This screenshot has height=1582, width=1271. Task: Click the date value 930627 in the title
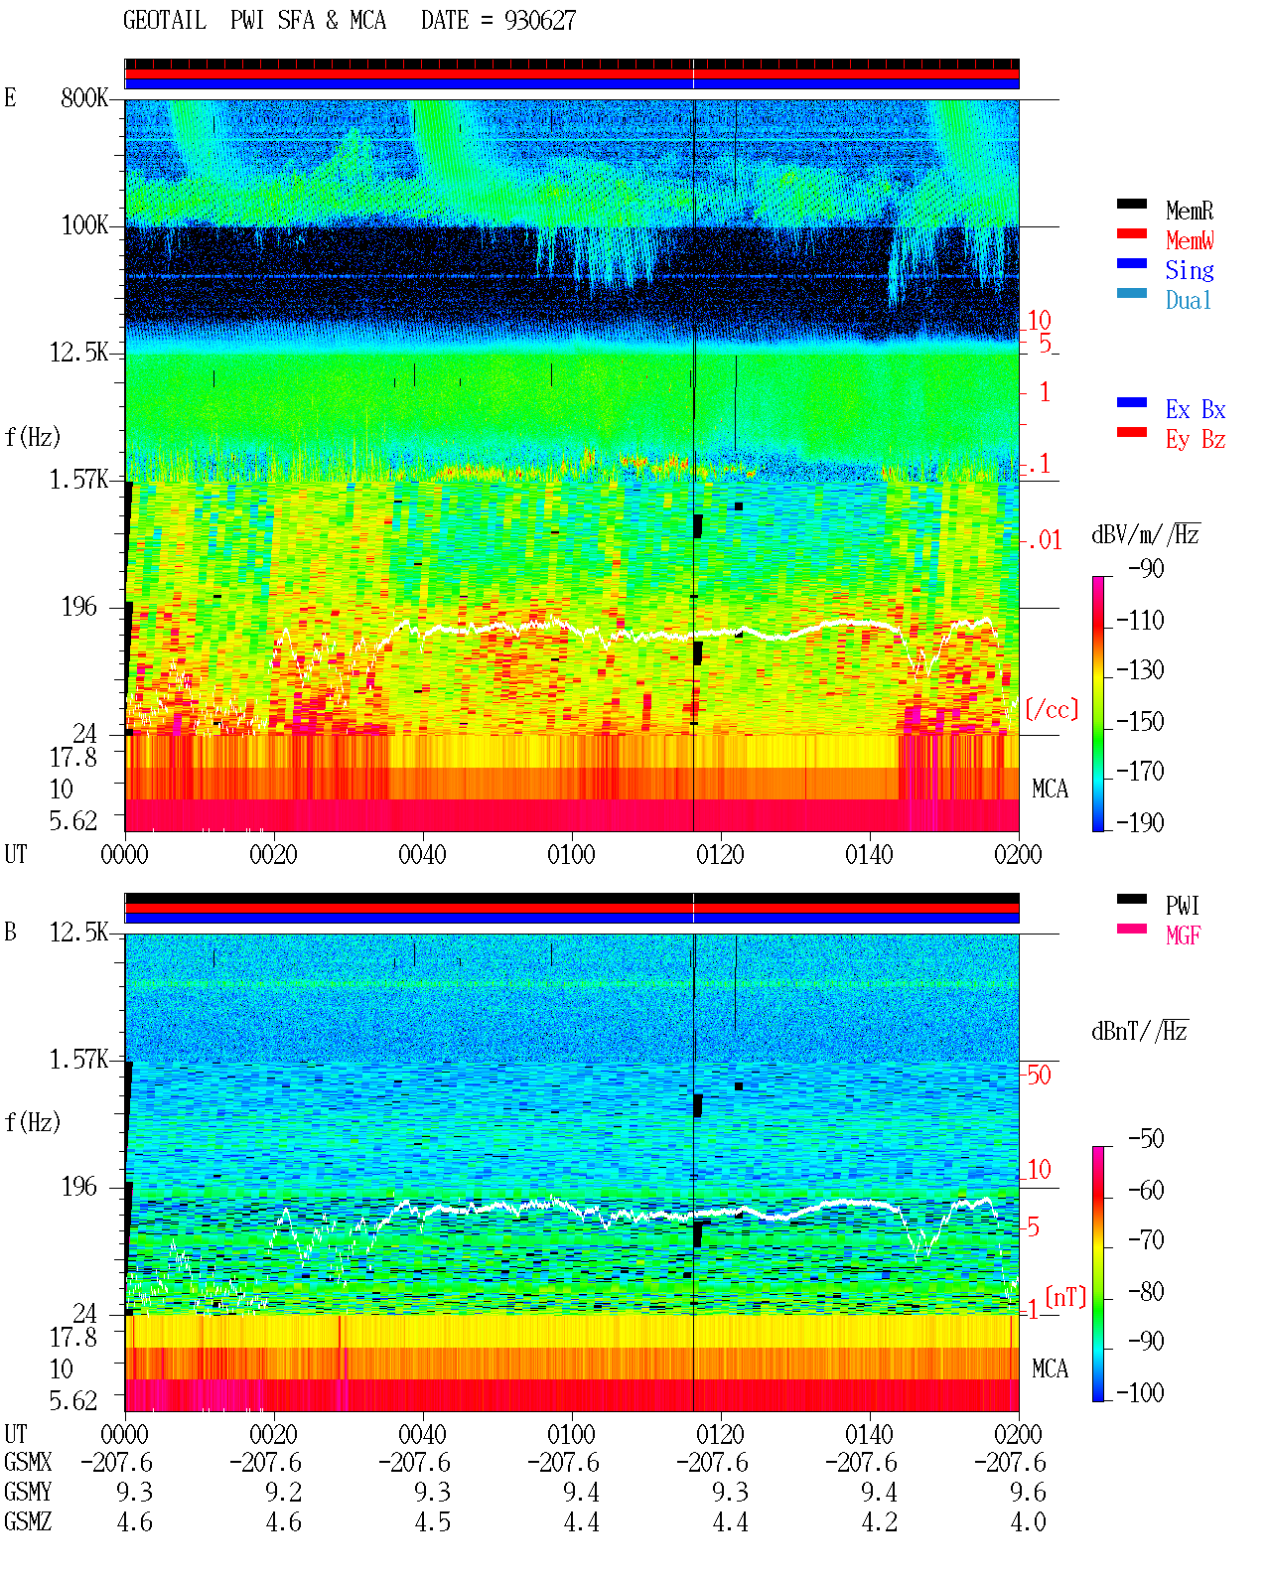pyautogui.click(x=539, y=21)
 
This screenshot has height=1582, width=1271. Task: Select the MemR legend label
pyautogui.click(x=1189, y=211)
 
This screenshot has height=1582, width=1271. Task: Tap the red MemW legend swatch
pyautogui.click(x=1131, y=233)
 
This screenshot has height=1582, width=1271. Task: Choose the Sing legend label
pyautogui.click(x=1189, y=270)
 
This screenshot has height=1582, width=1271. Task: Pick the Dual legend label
pyautogui.click(x=1188, y=300)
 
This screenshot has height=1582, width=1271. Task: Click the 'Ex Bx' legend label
pyautogui.click(x=1195, y=409)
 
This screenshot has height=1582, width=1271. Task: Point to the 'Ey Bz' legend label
pyautogui.click(x=1195, y=440)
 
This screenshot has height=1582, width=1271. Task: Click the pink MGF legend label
pyautogui.click(x=1183, y=935)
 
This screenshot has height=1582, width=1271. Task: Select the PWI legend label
pyautogui.click(x=1183, y=906)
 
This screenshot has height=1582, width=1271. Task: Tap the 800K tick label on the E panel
pyautogui.click(x=84, y=97)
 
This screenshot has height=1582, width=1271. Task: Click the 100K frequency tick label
pyautogui.click(x=84, y=225)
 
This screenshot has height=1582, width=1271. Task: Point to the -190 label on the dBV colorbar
pyautogui.click(x=1140, y=822)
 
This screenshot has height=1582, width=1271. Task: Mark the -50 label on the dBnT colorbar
pyautogui.click(x=1146, y=1139)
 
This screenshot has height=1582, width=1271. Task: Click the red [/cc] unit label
pyautogui.click(x=1052, y=709)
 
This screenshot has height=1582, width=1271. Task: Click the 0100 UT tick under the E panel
pyautogui.click(x=571, y=854)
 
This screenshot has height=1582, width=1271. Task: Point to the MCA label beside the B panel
pyautogui.click(x=1050, y=1368)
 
